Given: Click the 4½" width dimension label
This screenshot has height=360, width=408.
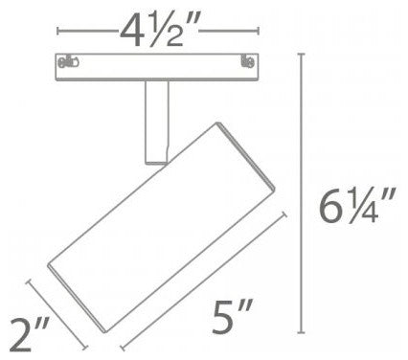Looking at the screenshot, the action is pos(158,32).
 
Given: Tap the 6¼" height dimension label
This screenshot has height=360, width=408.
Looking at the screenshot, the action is pos(357,205).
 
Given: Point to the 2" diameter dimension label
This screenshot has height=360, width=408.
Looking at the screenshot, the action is pos(29,334).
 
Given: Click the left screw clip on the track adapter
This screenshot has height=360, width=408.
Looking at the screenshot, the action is pos(68,61).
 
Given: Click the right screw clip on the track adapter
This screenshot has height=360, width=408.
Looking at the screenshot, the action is pos(248,61).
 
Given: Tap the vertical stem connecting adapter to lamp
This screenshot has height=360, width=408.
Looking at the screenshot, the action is pos(156,123).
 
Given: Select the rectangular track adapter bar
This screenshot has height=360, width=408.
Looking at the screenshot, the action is pos(158,67).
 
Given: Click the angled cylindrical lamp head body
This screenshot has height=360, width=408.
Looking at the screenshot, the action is pos(161,227).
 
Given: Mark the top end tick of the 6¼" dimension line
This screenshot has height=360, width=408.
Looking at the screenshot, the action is pos(302,55).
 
